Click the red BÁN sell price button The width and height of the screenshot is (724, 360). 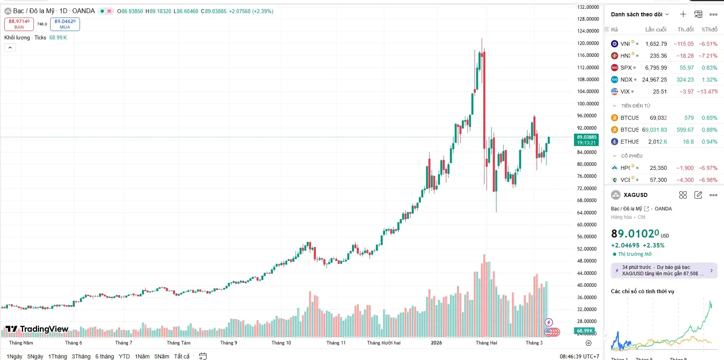19,24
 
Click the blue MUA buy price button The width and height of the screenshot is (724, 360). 65,24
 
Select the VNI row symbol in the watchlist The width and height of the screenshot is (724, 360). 625,44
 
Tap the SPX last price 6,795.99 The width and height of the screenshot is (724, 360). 656,68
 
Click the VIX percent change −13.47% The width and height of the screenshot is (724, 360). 707,91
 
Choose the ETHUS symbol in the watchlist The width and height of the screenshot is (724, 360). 629,142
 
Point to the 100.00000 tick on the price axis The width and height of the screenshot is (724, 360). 588,103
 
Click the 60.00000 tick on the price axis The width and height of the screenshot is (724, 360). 588,224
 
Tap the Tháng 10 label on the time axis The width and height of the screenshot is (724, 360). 281,343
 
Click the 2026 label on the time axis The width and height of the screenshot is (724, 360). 436,343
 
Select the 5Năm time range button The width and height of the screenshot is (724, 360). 162,356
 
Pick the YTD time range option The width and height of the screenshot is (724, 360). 124,356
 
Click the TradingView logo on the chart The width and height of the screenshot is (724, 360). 37,329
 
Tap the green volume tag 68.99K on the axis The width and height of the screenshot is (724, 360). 585,331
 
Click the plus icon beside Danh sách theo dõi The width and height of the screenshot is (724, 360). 683,14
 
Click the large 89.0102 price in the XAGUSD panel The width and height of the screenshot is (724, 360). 635,234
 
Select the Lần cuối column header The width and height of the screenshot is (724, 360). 656,29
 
